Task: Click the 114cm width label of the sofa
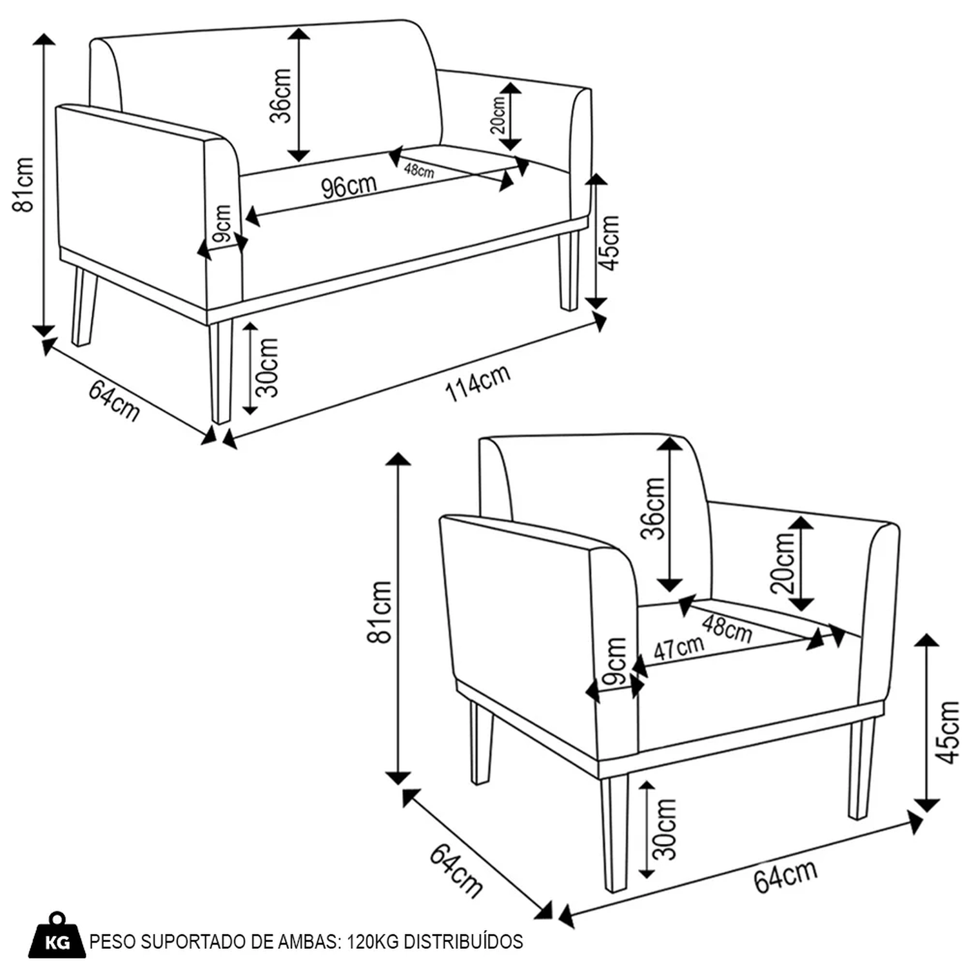point(478,383)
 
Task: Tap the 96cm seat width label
point(349,187)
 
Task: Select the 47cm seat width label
point(678,647)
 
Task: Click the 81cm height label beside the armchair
point(380,611)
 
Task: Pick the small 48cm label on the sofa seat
point(419,170)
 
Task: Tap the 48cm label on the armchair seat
point(727,629)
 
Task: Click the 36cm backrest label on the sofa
point(281,95)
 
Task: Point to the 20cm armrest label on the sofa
point(498,115)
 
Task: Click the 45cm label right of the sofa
point(609,243)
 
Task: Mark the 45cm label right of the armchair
point(948,732)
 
